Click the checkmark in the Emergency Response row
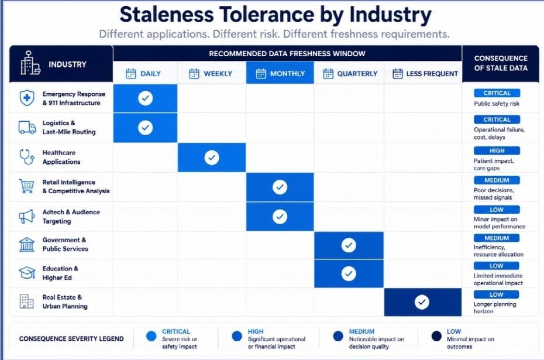(x=146, y=98)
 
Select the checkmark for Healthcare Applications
(x=212, y=157)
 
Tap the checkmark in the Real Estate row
(x=422, y=302)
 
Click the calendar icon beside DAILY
(x=131, y=74)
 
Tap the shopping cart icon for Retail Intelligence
(x=27, y=186)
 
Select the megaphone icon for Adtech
(x=27, y=217)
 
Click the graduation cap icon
(x=27, y=273)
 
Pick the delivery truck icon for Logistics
(x=27, y=128)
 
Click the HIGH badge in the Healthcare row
(x=497, y=150)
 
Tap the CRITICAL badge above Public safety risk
(x=497, y=93)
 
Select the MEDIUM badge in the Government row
(x=497, y=238)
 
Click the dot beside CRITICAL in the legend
(x=152, y=336)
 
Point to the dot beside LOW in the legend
(x=436, y=336)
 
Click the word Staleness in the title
(x=167, y=15)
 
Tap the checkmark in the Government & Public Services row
(x=349, y=245)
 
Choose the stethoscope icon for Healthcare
(x=27, y=157)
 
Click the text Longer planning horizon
(x=495, y=307)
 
